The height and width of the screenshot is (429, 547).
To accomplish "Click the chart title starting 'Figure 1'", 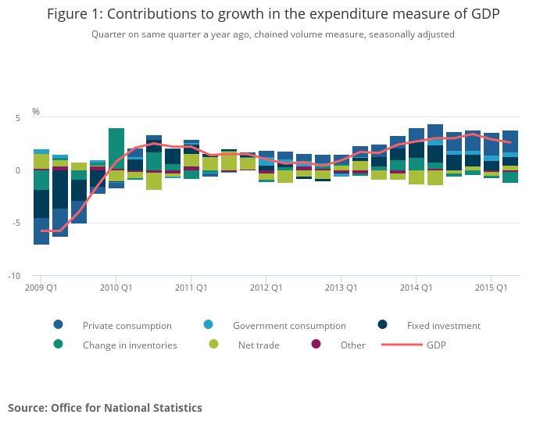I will tap(273, 14).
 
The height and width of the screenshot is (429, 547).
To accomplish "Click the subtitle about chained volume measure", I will tap(273, 34).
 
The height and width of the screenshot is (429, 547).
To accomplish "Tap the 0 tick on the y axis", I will tap(16, 170).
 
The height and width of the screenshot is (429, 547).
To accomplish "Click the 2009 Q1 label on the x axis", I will tap(41, 288).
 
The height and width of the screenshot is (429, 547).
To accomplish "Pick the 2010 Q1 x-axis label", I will tap(116, 288).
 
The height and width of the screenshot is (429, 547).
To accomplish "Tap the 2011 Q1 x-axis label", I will tap(191, 288).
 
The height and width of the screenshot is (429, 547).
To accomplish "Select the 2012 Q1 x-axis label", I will tap(266, 288).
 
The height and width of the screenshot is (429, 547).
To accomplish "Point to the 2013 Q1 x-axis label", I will tap(341, 288).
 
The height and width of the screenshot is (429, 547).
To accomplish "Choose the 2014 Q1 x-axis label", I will tap(417, 288).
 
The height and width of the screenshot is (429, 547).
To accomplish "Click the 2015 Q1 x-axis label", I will tap(492, 288).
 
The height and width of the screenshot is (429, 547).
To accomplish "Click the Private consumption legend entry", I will tap(127, 325).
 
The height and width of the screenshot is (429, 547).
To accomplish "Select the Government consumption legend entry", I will tap(288, 325).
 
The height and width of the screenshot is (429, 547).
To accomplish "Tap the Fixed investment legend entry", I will tap(443, 325).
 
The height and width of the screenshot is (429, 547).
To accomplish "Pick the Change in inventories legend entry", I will tap(129, 345).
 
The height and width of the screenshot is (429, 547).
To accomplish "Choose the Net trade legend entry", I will tap(259, 345).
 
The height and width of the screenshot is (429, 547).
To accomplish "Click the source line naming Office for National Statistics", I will tap(105, 408).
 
